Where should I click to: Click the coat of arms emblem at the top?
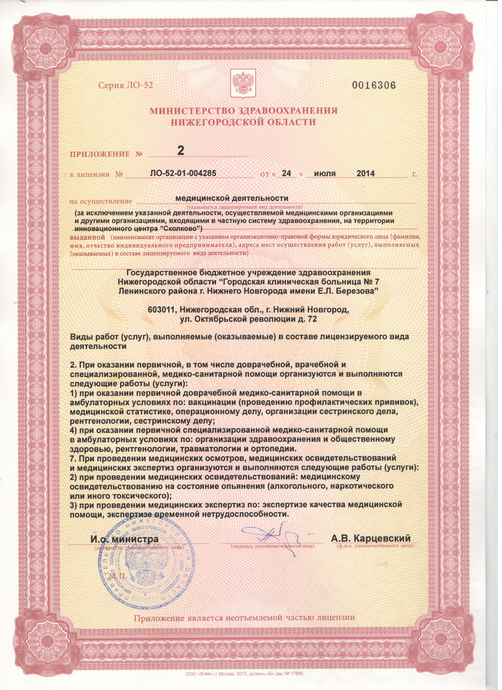244,83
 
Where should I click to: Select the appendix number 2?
180,151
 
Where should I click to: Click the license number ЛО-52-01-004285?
183,173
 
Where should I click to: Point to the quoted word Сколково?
179,229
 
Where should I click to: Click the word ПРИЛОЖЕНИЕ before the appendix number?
100,155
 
